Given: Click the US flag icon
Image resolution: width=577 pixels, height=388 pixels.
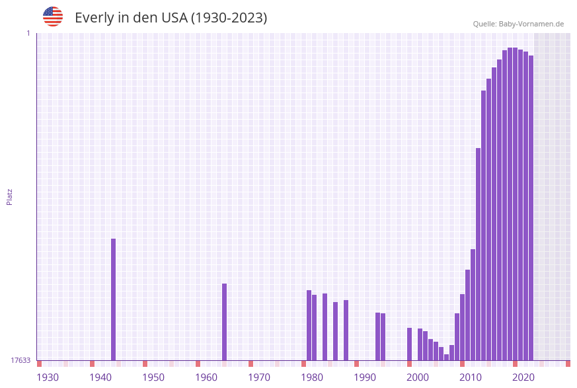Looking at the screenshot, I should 53,17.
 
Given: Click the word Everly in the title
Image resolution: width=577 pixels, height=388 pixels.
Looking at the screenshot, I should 95,18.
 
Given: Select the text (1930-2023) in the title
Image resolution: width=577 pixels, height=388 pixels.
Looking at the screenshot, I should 229,18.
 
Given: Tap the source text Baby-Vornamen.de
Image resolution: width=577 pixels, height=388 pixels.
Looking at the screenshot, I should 531,24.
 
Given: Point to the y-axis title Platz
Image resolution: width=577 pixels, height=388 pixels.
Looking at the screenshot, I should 10,196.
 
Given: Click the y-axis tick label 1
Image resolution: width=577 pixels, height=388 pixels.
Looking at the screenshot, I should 28,33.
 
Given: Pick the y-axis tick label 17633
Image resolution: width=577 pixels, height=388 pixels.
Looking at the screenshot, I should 20,360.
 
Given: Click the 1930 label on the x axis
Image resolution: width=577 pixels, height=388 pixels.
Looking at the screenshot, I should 48,377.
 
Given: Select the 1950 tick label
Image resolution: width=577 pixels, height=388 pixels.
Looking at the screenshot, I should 153,377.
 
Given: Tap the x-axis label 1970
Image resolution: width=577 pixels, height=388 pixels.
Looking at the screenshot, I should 259,377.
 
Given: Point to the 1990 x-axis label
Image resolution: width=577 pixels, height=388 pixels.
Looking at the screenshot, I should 365,377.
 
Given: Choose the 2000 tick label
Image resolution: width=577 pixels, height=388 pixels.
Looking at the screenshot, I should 418,377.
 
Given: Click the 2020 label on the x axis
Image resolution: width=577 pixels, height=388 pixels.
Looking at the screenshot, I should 523,377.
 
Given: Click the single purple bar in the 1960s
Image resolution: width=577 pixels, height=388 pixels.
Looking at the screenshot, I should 224,322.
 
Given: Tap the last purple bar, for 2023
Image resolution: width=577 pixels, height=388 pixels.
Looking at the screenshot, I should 531,208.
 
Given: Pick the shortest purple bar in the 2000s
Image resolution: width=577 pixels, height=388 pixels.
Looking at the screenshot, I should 446,357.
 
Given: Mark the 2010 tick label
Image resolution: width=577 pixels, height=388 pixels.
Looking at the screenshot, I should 471,377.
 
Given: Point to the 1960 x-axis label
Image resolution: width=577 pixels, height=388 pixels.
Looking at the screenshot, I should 206,377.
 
